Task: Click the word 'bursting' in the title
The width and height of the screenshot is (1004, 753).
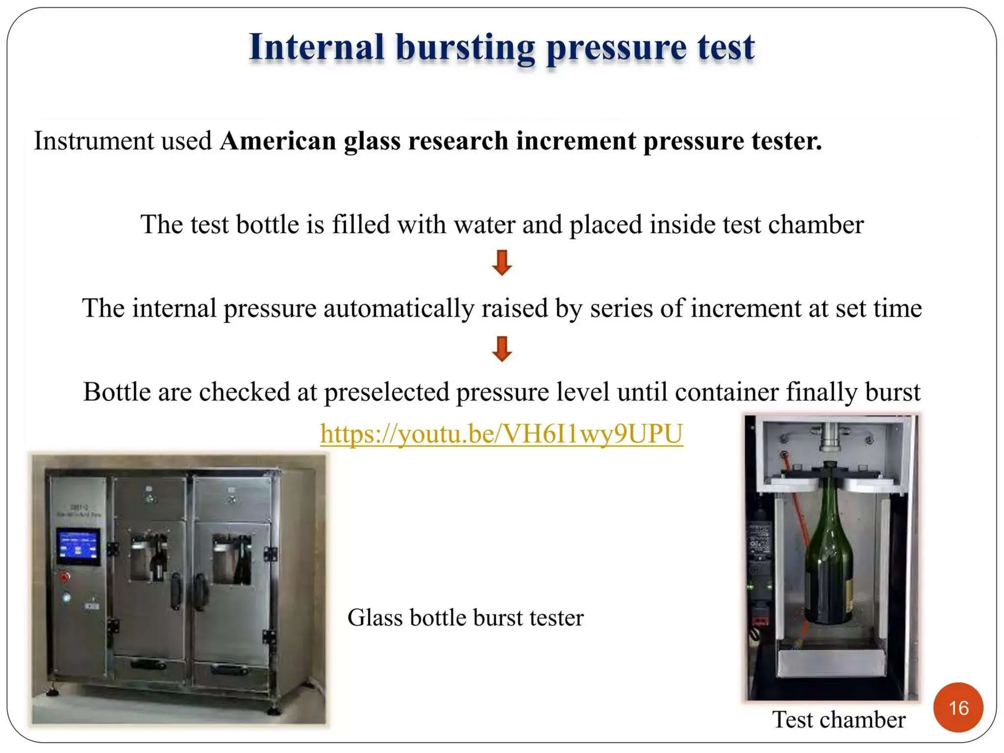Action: tap(465, 48)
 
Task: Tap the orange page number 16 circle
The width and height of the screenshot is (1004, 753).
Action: tap(958, 707)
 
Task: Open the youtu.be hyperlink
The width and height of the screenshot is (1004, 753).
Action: tap(502, 434)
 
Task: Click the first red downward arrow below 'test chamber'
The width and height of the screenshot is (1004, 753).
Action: tap(502, 263)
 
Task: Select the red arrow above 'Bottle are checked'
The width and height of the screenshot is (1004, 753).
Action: tap(502, 349)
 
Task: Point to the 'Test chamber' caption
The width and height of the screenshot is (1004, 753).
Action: tap(838, 720)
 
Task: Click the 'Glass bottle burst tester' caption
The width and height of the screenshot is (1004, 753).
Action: tap(465, 617)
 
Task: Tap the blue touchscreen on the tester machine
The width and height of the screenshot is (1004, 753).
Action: tap(78, 546)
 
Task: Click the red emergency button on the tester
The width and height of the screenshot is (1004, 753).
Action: tap(65, 577)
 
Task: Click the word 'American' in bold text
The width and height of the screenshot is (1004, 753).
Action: tap(277, 141)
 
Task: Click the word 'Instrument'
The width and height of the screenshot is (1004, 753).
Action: tap(94, 141)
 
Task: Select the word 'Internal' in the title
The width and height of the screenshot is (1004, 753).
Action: tap(316, 48)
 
